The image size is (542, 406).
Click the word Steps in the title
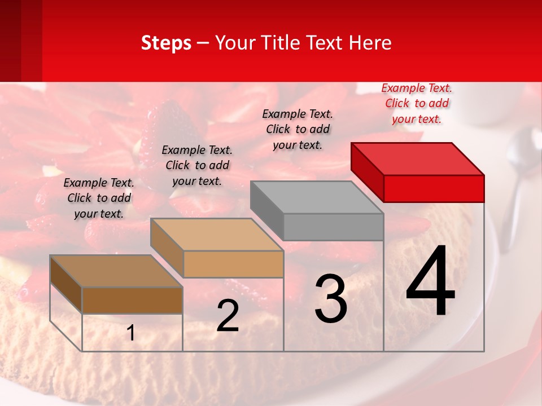click(165, 43)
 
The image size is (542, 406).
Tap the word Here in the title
click(369, 43)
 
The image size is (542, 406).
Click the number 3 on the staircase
click(331, 299)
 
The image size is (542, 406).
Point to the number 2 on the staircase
click(228, 316)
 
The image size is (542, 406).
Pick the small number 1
click(131, 333)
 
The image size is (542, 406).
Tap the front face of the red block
click(434, 188)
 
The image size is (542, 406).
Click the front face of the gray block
click(333, 227)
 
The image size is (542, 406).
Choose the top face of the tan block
click(217, 235)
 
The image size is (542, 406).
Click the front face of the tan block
click(233, 264)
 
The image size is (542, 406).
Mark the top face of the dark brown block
click(116, 271)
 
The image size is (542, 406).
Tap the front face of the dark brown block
click(132, 301)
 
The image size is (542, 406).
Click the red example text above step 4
click(417, 103)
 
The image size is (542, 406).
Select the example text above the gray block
click(298, 129)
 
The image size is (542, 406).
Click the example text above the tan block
click(197, 165)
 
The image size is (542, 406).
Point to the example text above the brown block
click(99, 198)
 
